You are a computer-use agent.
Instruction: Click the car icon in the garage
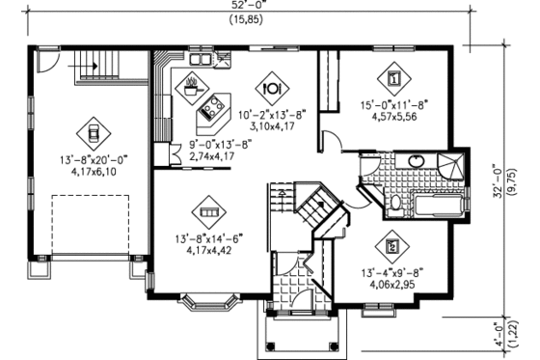click(x=93, y=128)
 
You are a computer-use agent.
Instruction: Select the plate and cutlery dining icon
click(x=271, y=86)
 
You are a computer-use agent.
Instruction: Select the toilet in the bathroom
click(x=395, y=202)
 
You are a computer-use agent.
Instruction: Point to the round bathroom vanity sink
click(x=418, y=161)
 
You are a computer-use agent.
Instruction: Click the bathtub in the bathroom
click(x=440, y=205)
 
